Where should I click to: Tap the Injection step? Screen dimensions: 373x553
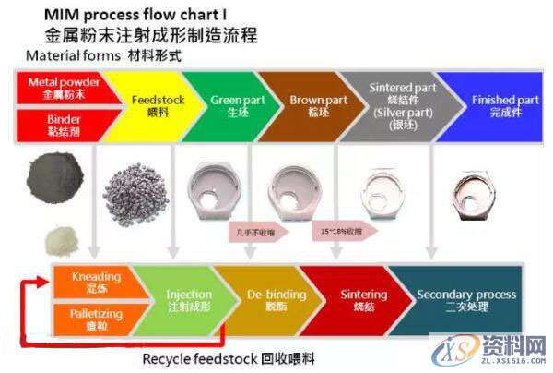pyautogui.click(x=175, y=299)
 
